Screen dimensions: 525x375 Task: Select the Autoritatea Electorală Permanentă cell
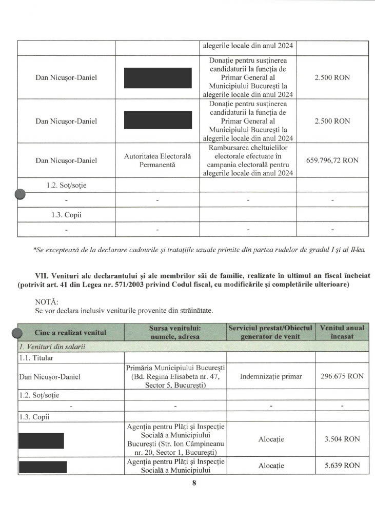click(157, 160)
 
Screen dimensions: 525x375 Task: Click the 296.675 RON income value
click(342, 376)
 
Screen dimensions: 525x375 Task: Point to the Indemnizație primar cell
click(271, 376)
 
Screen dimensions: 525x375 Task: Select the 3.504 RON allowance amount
click(342, 439)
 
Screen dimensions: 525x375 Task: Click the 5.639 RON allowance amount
click(342, 466)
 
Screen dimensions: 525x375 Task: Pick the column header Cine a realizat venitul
click(71, 332)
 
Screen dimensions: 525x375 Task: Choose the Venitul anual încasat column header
click(342, 332)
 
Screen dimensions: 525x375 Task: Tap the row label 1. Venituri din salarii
click(52, 347)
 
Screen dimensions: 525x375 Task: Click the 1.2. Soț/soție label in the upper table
click(66, 185)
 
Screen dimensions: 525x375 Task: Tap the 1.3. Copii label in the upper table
click(66, 215)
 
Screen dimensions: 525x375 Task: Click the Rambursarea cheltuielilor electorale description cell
click(247, 160)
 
